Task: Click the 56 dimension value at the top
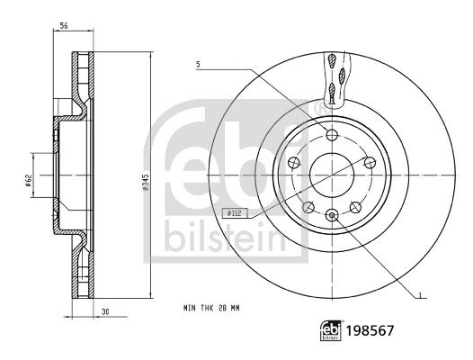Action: point(63,26)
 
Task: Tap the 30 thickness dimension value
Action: point(105,312)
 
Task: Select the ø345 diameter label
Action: point(146,182)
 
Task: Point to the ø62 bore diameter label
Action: point(28,181)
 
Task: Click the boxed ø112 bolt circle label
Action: point(235,213)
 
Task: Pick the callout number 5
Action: point(198,64)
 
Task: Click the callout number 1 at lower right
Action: point(420,294)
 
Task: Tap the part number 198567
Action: point(370,331)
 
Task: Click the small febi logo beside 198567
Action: point(331,330)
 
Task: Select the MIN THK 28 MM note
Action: point(211,308)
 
